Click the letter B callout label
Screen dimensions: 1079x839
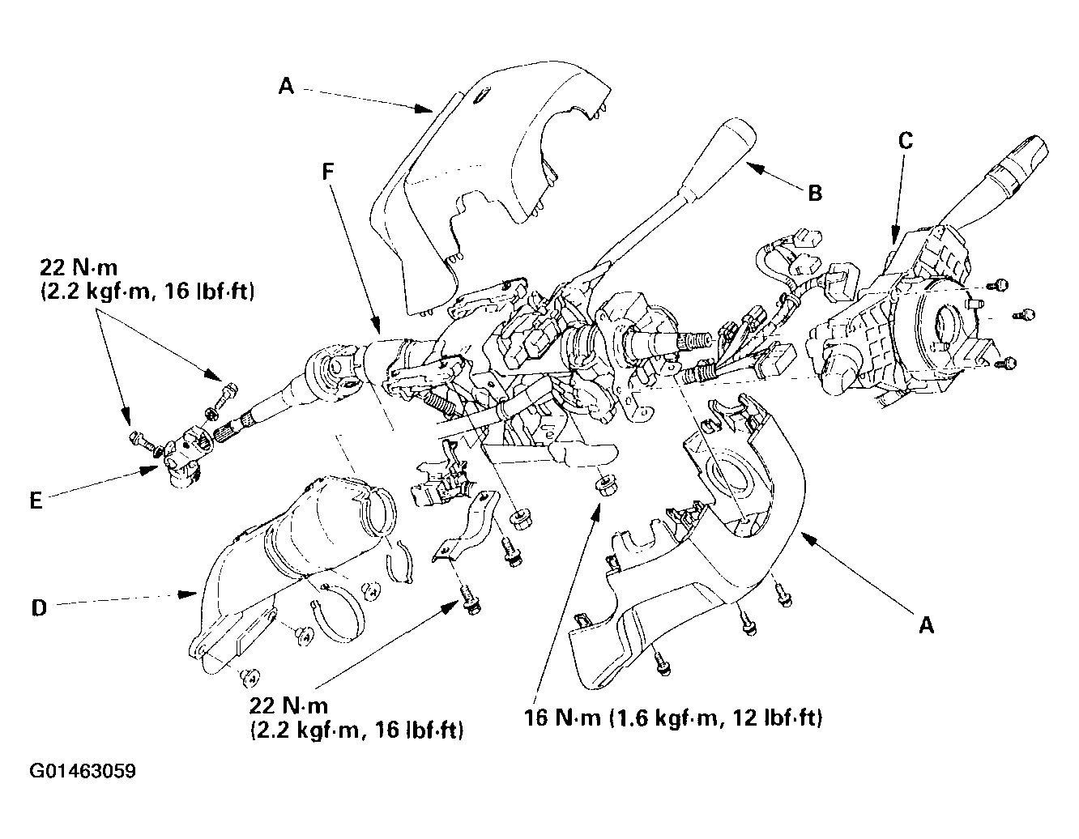point(815,193)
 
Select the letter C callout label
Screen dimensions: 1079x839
point(906,141)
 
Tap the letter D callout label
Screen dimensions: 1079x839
point(39,607)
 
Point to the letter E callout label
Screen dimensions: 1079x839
point(36,500)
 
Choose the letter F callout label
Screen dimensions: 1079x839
point(328,172)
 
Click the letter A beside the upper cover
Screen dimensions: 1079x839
point(286,86)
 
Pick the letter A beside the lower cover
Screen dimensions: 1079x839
point(927,624)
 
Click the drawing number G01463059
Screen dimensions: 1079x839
point(83,771)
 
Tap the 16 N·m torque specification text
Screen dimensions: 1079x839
point(673,718)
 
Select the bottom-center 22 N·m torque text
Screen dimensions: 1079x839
point(356,718)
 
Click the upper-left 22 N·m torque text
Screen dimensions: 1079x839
point(147,279)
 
